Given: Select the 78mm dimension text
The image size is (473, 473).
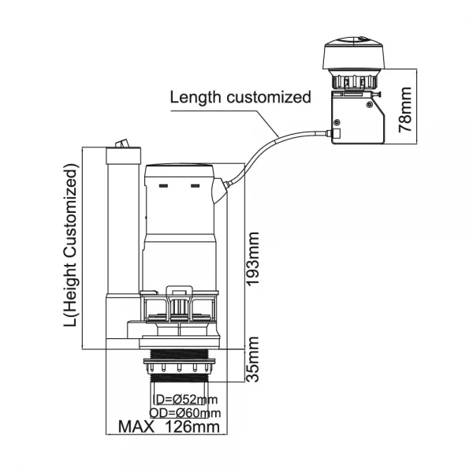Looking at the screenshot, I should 405,110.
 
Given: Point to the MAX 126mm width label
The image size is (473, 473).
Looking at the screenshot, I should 168,428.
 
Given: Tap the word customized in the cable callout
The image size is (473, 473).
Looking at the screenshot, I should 267,98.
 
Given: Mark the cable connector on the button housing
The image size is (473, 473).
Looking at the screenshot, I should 333,136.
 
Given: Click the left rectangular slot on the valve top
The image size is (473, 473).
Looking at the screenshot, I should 164,188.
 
